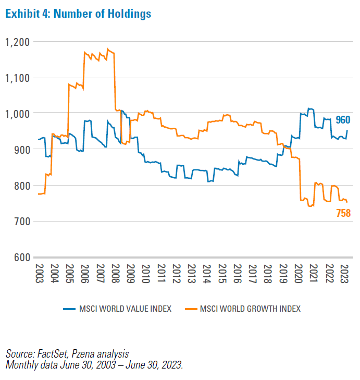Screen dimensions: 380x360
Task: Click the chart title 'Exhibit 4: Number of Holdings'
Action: coord(78,14)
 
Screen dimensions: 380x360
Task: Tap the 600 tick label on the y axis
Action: coord(22,258)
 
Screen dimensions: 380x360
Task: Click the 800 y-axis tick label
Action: coord(22,186)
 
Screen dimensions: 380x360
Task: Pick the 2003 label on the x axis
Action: coord(39,273)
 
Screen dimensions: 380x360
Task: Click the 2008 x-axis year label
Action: coord(116,273)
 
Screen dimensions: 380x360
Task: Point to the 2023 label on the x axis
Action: coord(345,273)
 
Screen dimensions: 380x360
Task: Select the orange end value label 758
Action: coord(343,213)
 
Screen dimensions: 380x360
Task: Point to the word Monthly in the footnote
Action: coord(21,364)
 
